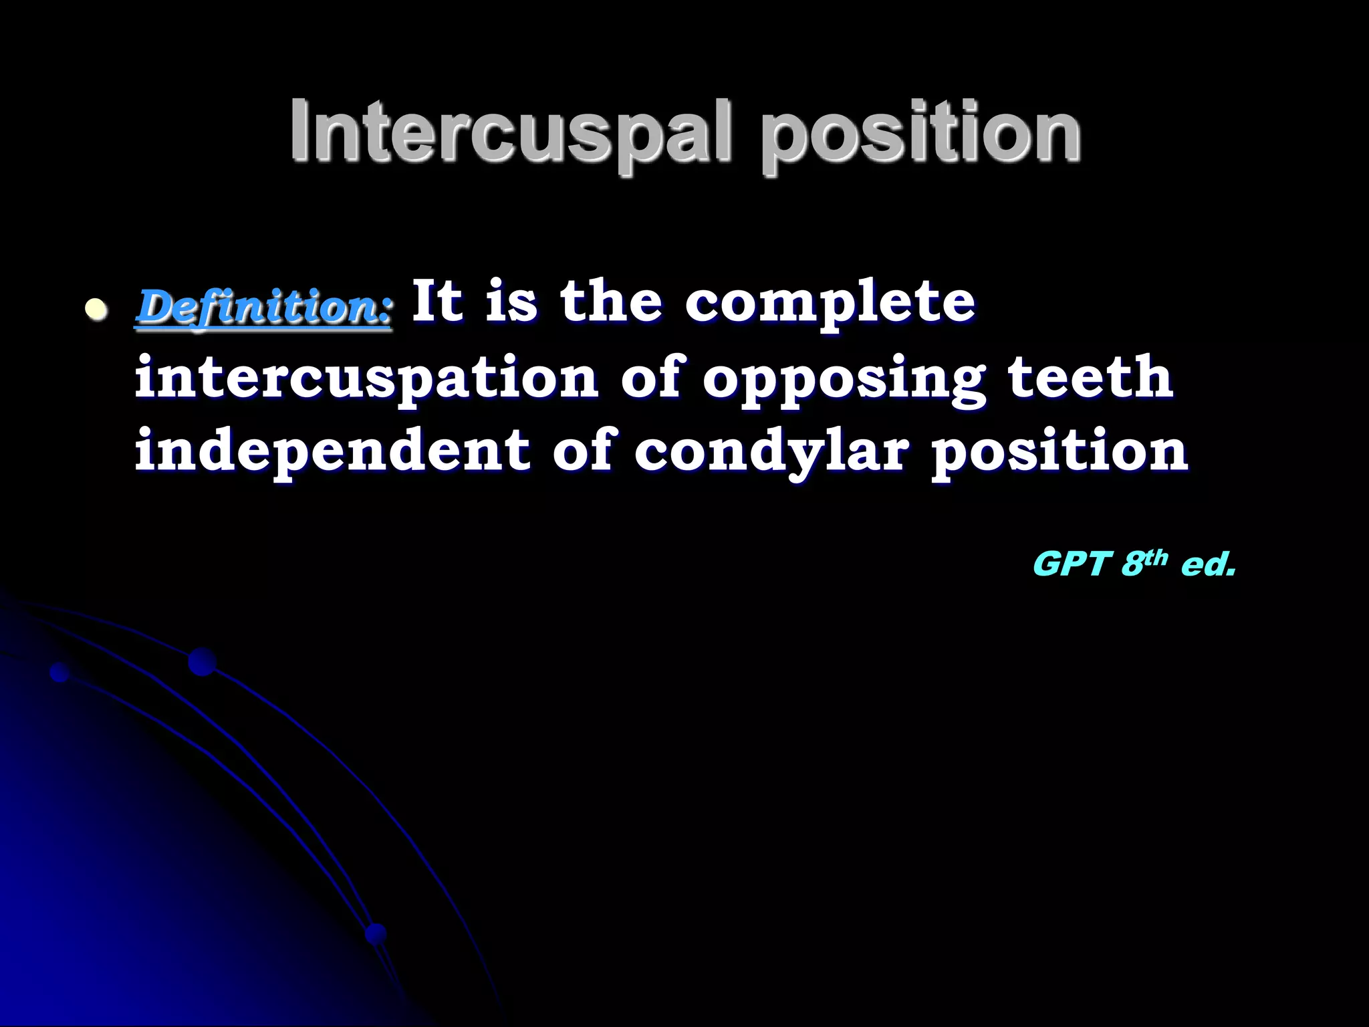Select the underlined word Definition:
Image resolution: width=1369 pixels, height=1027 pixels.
pos(265,308)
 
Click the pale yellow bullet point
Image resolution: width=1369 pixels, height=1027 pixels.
pos(97,310)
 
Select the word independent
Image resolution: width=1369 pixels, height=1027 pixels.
pos(332,451)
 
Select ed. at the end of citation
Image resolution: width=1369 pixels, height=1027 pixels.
pos(1207,564)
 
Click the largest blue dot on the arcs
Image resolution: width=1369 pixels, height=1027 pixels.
pos(202,662)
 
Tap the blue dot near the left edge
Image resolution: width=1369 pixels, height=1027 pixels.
pos(59,672)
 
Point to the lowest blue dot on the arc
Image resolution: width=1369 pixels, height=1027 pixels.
pos(376,933)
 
